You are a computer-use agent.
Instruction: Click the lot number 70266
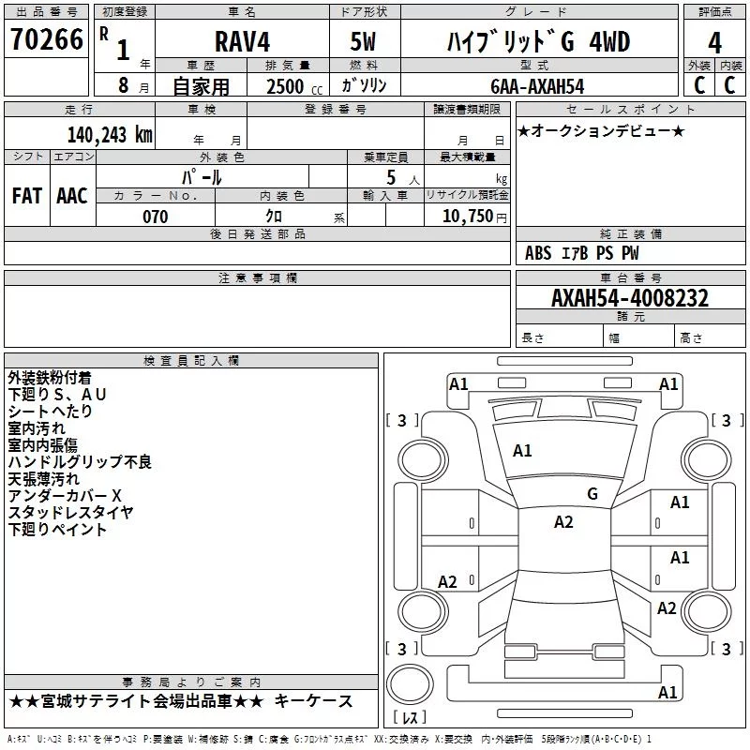pyautogui.click(x=47, y=39)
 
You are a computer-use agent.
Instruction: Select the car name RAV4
pyautogui.click(x=242, y=41)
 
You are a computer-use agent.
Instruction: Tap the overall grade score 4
pyautogui.click(x=714, y=43)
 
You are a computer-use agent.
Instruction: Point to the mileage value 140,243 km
pyautogui.click(x=110, y=135)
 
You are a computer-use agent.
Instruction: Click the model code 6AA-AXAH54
pyautogui.click(x=537, y=86)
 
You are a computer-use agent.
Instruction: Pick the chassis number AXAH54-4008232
pyautogui.click(x=630, y=298)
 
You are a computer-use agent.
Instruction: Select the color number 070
pyautogui.click(x=156, y=217)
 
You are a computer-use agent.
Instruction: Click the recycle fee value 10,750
pyautogui.click(x=467, y=217)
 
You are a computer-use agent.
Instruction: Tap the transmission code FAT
pyautogui.click(x=27, y=196)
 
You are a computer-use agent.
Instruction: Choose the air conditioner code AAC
pyautogui.click(x=72, y=196)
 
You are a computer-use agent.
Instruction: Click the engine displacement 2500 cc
pyautogui.click(x=294, y=87)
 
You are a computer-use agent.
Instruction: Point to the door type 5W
pyautogui.click(x=363, y=41)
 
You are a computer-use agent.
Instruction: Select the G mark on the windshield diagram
pyautogui.click(x=592, y=494)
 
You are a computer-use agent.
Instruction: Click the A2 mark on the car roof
pyautogui.click(x=563, y=522)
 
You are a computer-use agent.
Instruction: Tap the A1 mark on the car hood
pyautogui.click(x=522, y=451)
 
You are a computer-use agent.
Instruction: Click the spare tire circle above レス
pyautogui.click(x=410, y=684)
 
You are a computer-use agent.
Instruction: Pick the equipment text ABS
pyautogui.click(x=538, y=253)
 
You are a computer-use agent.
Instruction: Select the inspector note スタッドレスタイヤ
pyautogui.click(x=71, y=512)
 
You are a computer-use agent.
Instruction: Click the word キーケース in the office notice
pyautogui.click(x=314, y=701)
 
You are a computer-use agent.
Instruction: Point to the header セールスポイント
pyautogui.click(x=630, y=110)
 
